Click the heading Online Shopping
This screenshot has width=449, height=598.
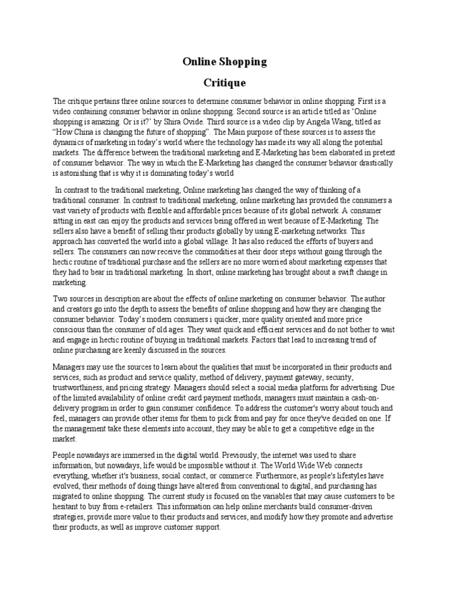pyautogui.click(x=224, y=61)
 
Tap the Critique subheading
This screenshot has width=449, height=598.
pyautogui.click(x=224, y=82)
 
